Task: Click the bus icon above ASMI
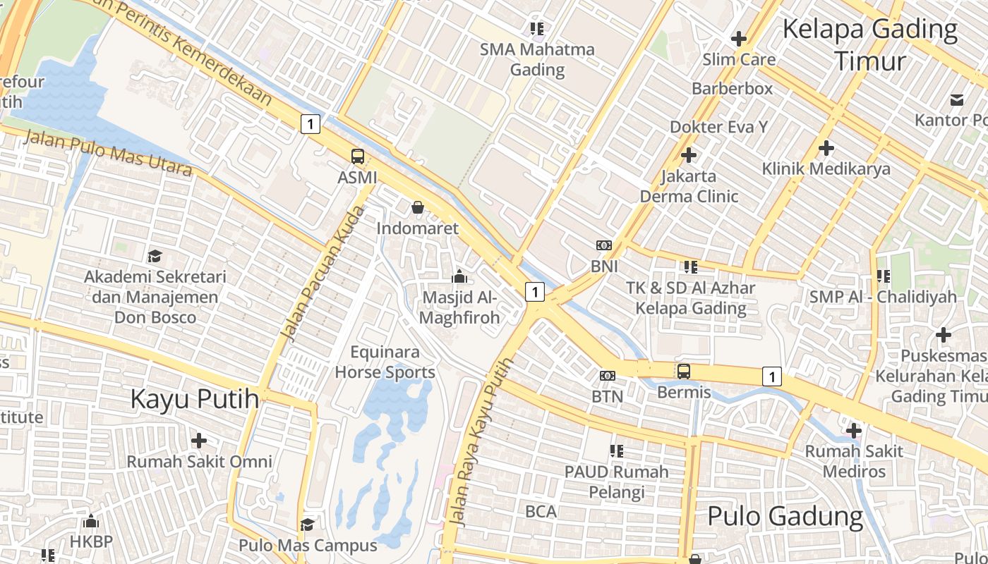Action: pos(358,157)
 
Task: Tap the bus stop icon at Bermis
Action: pos(683,371)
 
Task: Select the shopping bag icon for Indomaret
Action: pos(417,207)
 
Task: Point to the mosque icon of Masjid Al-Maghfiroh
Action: pos(459,276)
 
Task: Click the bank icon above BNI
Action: pos(604,245)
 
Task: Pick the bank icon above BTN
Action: pos(607,376)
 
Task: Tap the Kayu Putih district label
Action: pos(195,399)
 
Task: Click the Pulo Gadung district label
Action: pos(785,516)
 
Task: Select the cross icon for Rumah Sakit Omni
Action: pos(199,441)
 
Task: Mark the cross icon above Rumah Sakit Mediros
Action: pos(854,430)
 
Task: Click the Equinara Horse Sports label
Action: pos(385,362)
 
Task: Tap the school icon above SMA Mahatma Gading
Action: pos(537,29)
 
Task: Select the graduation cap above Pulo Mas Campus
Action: pos(307,525)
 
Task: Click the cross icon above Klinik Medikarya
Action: pos(826,148)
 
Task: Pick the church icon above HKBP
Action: pos(90,522)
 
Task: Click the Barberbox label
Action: pos(732,89)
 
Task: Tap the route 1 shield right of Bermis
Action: pos(772,376)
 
